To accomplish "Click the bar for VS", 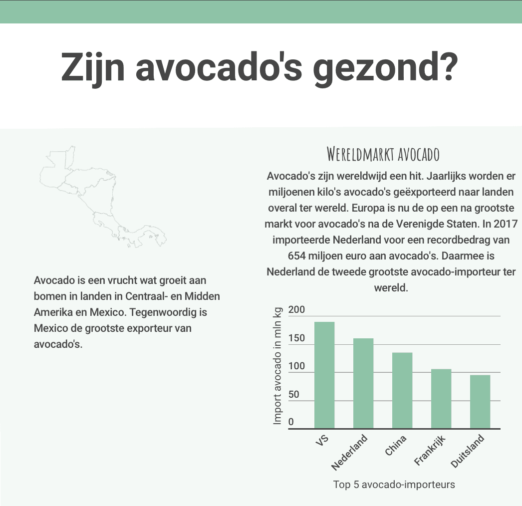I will [324, 375].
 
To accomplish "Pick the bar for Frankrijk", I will [441, 398].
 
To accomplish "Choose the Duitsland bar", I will [480, 401].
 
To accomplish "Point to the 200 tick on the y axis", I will [296, 310].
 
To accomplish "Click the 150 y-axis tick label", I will [296, 338].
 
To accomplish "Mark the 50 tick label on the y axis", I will [294, 395].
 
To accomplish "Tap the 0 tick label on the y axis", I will [291, 422].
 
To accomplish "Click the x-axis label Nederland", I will [350, 453].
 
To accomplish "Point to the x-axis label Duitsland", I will [468, 452].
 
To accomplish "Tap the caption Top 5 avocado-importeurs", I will [394, 484].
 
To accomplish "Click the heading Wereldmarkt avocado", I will [383, 154].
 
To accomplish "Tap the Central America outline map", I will [102, 197].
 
